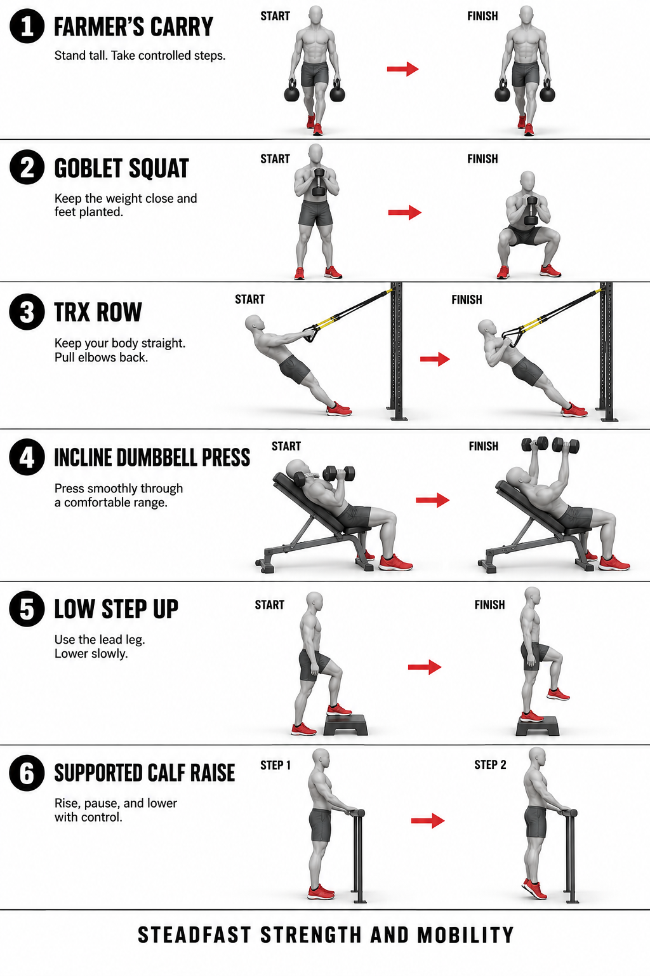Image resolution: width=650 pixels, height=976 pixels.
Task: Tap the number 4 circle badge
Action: pos(27,457)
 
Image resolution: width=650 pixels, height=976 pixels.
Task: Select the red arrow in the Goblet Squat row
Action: pos(404,213)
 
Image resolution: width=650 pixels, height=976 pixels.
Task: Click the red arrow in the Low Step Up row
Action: pos(425,667)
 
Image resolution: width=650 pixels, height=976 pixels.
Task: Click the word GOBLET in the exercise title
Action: pos(91,168)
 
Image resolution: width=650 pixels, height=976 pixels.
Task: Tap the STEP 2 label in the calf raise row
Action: pos(490,764)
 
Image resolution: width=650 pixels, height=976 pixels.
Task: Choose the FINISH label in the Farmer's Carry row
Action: pos(482,16)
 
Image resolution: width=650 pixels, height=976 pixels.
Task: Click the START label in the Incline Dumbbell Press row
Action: pos(286,446)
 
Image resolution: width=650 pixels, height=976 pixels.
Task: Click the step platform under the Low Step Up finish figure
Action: pos(537,726)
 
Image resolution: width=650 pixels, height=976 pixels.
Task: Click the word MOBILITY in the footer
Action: pos(465,935)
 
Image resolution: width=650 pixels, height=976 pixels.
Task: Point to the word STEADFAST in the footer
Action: pos(194,935)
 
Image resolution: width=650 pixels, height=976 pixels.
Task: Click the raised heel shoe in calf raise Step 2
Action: pos(534,889)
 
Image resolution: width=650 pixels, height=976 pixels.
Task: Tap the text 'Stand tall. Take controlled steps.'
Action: pos(140,56)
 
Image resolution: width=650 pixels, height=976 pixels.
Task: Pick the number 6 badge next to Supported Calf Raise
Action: pos(27,773)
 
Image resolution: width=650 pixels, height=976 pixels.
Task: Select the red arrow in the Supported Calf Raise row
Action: pos(428,821)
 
